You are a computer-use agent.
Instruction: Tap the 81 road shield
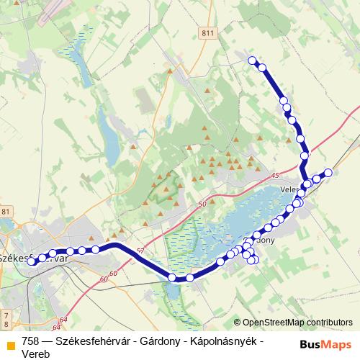(x=6, y=211)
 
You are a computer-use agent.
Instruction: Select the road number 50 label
(x=202, y=204)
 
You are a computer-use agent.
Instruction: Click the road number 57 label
(x=140, y=251)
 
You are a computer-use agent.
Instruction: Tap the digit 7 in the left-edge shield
(x=6, y=315)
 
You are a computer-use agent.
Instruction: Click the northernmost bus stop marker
(x=252, y=60)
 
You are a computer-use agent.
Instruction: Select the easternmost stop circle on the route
(x=328, y=172)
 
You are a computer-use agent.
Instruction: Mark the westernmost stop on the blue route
(x=32, y=262)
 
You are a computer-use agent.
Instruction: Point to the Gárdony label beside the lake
(x=261, y=240)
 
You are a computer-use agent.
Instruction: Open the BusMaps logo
(x=324, y=344)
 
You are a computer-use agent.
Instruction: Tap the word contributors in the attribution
(x=328, y=322)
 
